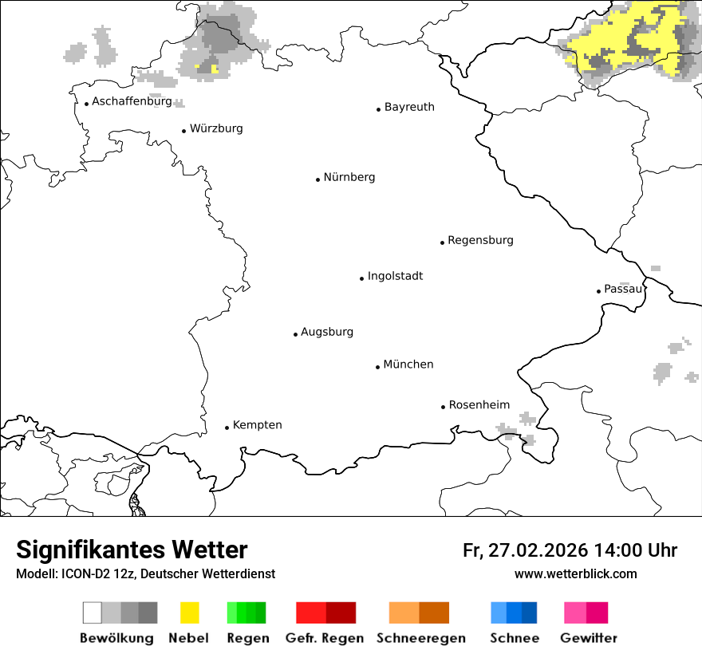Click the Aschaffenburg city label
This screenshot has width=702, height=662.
(x=132, y=101)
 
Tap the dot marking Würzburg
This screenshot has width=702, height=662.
(x=183, y=131)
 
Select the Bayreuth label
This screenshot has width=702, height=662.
(x=409, y=107)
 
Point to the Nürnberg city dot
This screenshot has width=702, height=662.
(x=317, y=179)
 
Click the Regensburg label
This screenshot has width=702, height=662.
(x=480, y=240)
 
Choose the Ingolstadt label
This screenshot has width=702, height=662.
(x=395, y=276)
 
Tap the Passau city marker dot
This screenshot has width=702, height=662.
(x=598, y=291)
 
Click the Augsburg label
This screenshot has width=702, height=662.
(x=326, y=332)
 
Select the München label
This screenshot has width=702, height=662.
(x=408, y=364)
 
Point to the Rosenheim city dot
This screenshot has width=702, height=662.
(x=443, y=407)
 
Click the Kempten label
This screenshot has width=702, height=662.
(x=257, y=425)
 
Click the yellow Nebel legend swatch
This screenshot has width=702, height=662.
(x=189, y=613)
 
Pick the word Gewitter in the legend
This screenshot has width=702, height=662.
(x=589, y=638)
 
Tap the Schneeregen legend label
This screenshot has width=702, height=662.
(x=421, y=638)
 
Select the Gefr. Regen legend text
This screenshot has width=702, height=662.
(x=325, y=638)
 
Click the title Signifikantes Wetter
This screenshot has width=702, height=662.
(x=132, y=550)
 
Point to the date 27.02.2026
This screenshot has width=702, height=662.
(x=535, y=550)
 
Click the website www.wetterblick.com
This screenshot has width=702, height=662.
(x=575, y=573)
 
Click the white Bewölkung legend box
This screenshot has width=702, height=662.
(x=93, y=613)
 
